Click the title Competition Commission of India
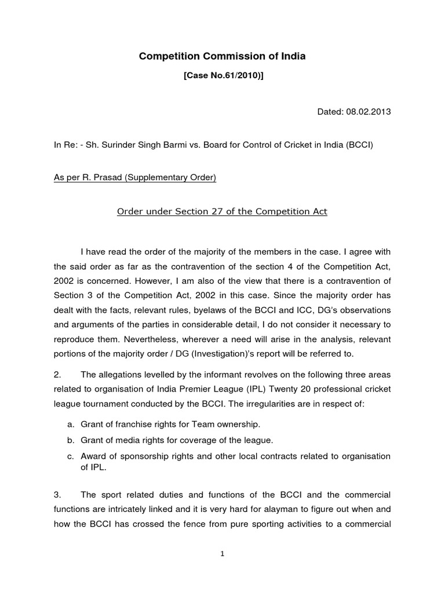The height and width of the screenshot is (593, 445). click(x=222, y=56)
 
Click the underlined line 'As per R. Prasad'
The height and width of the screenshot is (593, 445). click(x=134, y=178)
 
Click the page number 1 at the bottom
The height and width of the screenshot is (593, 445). click(x=222, y=554)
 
